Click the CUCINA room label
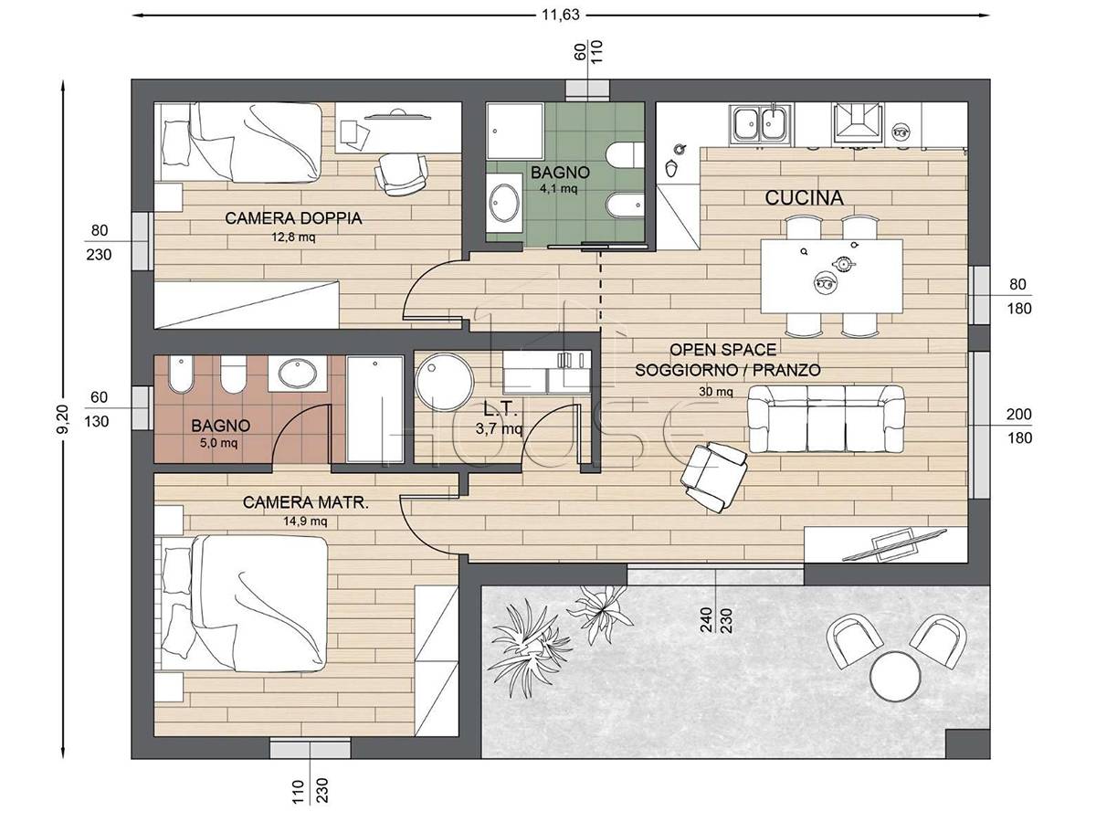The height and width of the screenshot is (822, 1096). pos(804,198)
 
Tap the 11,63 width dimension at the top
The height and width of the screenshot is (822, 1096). pos(561,15)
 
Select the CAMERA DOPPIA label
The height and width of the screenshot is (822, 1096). pos(293,218)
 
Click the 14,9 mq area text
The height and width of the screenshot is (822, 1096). pos(305,522)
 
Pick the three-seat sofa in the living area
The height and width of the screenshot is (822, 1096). pos(826,418)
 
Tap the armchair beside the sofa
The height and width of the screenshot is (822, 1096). pos(713,476)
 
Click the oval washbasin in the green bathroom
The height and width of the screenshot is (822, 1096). pos(504,203)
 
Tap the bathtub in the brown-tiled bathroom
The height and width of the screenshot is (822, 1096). pos(375,409)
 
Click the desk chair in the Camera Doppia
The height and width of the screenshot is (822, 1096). pos(402,174)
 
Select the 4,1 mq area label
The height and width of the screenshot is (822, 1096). pos(558,189)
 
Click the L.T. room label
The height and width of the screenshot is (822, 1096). pos(500,410)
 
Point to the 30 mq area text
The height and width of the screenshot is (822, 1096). pos(715,392)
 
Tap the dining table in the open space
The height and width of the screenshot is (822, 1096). pos(831,276)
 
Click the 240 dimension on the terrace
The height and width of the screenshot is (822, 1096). pos(707,620)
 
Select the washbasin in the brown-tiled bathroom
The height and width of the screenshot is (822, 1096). pos(298,374)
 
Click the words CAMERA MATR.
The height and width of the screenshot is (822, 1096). pos(306,502)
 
